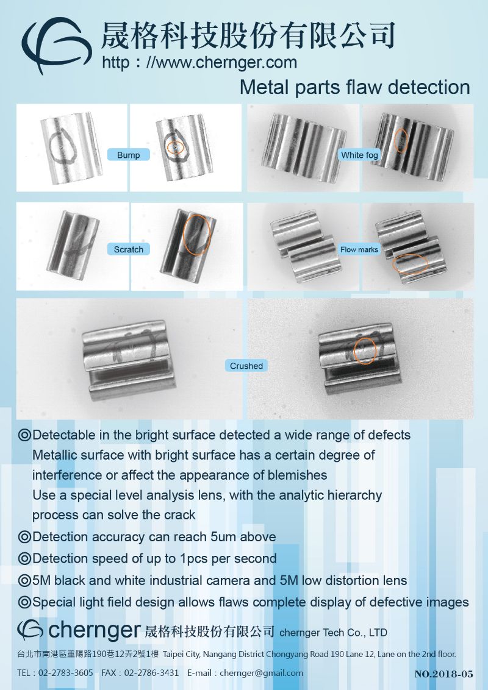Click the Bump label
129,155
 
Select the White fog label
359,155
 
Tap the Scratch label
129,249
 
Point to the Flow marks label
359,249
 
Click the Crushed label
246,366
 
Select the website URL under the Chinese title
199,63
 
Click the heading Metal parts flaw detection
355,87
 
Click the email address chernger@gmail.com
261,673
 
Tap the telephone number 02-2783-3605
66,673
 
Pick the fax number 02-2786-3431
151,673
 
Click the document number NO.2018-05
443,674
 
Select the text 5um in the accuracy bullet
224,537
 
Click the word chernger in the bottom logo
95,631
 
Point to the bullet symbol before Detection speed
24,558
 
